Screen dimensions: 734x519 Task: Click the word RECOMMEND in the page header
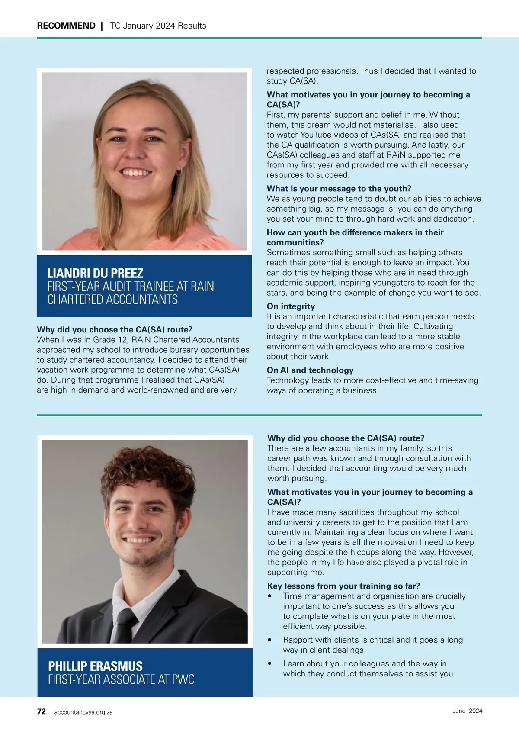66,26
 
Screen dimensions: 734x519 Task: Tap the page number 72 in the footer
42,711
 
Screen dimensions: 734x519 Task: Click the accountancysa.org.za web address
83,712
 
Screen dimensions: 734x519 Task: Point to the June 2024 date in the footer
467,711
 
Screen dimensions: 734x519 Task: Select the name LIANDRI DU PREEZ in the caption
95,273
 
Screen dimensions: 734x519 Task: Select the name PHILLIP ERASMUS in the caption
95,666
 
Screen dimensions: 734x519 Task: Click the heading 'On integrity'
291,306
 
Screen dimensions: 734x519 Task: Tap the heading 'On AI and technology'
310,370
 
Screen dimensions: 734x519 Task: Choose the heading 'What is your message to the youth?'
339,189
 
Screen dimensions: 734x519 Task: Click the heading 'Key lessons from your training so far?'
343,586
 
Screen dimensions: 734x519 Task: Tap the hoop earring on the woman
179,172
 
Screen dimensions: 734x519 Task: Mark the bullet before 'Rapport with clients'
270,640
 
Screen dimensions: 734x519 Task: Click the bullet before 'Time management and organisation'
270,596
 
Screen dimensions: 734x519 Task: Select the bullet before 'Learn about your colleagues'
270,663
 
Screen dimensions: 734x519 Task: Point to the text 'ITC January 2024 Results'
157,26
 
